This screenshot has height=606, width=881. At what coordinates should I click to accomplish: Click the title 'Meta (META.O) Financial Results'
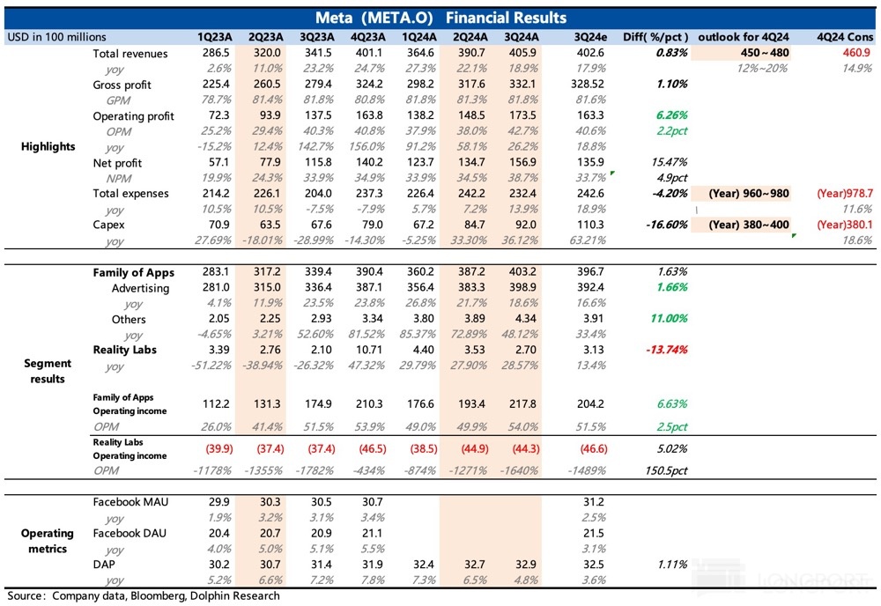(440, 18)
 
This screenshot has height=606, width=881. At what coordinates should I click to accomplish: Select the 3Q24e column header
(589, 37)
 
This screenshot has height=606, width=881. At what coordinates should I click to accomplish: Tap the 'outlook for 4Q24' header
(743, 37)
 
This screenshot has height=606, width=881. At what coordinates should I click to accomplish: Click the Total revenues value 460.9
(857, 55)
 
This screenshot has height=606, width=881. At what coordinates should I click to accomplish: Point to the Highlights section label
(48, 146)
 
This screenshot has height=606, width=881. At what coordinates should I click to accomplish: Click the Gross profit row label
(122, 85)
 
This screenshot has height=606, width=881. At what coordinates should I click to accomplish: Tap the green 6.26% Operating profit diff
(671, 116)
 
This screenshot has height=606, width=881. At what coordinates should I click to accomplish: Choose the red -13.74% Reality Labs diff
(669, 350)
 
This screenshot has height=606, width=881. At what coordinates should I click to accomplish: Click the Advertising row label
(140, 288)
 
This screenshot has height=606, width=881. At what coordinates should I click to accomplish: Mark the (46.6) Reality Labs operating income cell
(589, 449)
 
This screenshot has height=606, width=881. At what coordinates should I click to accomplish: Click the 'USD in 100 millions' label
(56, 37)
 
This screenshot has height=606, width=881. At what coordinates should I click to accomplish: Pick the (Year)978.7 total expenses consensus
(844, 193)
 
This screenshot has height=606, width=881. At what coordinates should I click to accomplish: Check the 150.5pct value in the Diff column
(666, 471)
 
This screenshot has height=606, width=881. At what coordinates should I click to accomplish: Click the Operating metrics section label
(48, 541)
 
